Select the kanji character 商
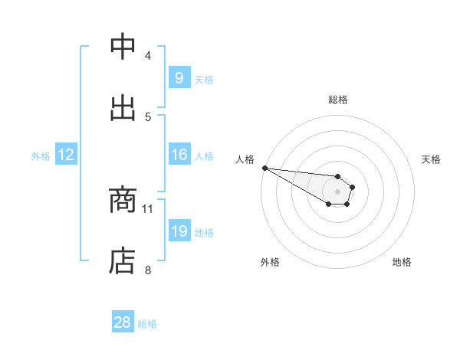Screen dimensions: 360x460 pos(123,200)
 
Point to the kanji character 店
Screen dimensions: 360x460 pos(123,261)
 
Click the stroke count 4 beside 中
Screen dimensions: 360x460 pos(148,56)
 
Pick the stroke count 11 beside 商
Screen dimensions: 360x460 pos(148,208)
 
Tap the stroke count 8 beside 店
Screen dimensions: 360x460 pos(148,270)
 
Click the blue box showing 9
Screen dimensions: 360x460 pos(179,78)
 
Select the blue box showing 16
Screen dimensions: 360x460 pos(179,155)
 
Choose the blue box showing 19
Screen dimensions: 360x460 pos(179,231)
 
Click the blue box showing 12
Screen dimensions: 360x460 pos(66,155)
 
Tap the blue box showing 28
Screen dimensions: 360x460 pos(123,322)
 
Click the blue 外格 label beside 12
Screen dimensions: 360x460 pos(41,155)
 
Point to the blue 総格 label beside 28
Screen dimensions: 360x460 pos(147,324)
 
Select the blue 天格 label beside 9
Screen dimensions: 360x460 pos(204,79)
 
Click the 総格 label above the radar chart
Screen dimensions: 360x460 pos(338,100)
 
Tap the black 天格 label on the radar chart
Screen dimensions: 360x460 pos(432,159)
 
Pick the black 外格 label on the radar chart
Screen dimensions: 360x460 pos(270,262)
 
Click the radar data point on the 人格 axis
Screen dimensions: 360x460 pos(264,168)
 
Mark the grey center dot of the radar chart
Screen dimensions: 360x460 pos(338,191)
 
